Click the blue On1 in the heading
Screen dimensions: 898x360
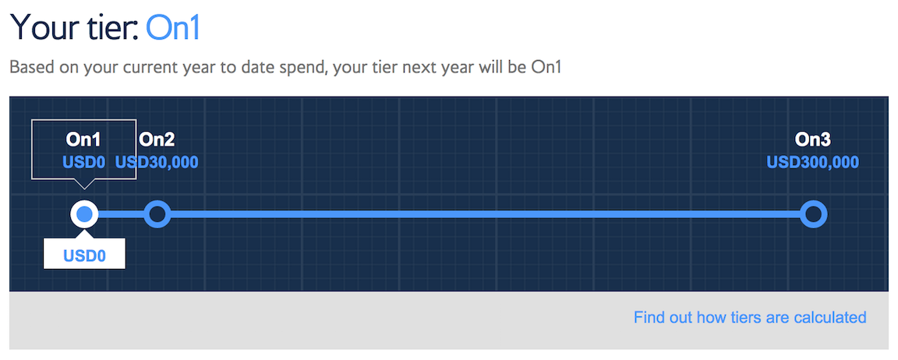(174, 27)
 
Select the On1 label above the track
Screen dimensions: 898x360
(83, 139)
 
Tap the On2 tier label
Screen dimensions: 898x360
(157, 139)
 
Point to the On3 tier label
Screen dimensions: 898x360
(813, 139)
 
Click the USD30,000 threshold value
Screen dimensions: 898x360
(157, 163)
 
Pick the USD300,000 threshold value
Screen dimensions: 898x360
(813, 163)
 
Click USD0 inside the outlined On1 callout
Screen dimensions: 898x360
(83, 163)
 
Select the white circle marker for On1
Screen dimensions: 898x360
(84, 214)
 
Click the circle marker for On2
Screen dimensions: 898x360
(157, 214)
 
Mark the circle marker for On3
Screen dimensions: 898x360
(813, 214)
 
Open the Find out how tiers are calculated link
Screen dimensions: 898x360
(750, 317)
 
